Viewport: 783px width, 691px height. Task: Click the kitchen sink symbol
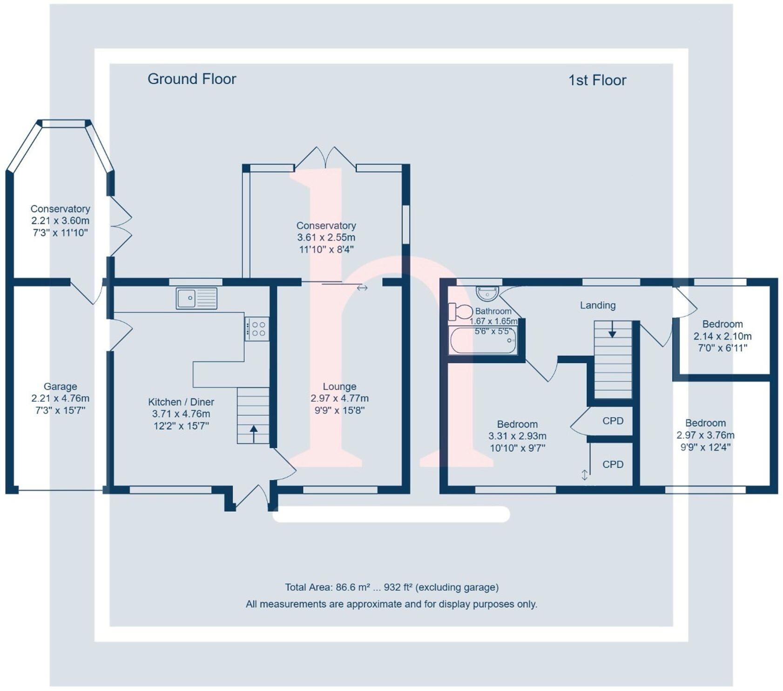[196, 298]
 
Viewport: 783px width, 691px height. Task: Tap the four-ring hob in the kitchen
[256, 329]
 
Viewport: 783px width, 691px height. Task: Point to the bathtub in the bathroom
[483, 341]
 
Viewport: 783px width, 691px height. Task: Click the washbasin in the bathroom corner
[487, 293]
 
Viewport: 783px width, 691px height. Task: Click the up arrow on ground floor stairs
[254, 433]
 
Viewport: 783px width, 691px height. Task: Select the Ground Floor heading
[192, 79]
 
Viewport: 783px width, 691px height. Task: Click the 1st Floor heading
[597, 81]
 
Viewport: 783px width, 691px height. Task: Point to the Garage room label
[61, 386]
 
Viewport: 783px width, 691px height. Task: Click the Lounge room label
[339, 386]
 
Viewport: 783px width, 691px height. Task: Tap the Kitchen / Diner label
[181, 402]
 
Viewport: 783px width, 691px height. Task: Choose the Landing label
[598, 305]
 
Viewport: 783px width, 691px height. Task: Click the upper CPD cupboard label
[613, 421]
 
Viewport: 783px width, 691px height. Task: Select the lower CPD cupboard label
[613, 464]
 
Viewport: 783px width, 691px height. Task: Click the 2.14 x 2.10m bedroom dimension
[722, 336]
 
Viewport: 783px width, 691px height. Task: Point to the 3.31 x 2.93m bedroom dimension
[517, 436]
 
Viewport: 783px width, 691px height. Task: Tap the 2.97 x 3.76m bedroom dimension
[705, 435]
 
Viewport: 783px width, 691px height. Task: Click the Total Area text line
[391, 587]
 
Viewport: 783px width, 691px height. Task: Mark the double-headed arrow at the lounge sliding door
[362, 288]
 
